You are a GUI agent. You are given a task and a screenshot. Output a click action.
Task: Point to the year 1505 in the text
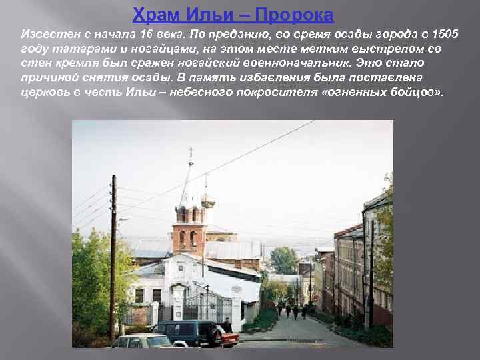(x=445, y=33)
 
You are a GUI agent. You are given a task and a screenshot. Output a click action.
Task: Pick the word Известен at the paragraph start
(x=47, y=33)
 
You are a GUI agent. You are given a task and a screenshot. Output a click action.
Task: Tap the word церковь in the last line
(x=42, y=92)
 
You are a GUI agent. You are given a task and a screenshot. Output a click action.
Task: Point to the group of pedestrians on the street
(x=292, y=310)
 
